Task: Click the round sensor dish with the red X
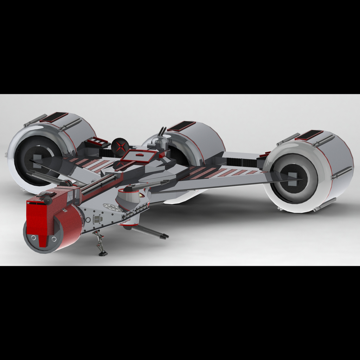coord(120,145)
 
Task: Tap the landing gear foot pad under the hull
coord(103,253)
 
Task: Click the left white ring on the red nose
coord(33,238)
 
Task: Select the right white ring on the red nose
coord(54,239)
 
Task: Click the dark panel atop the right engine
coord(309,135)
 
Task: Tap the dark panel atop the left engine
coord(54,117)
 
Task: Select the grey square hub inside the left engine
coord(37,161)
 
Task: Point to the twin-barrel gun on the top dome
coord(162,132)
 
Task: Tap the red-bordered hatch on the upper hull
coord(139,155)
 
